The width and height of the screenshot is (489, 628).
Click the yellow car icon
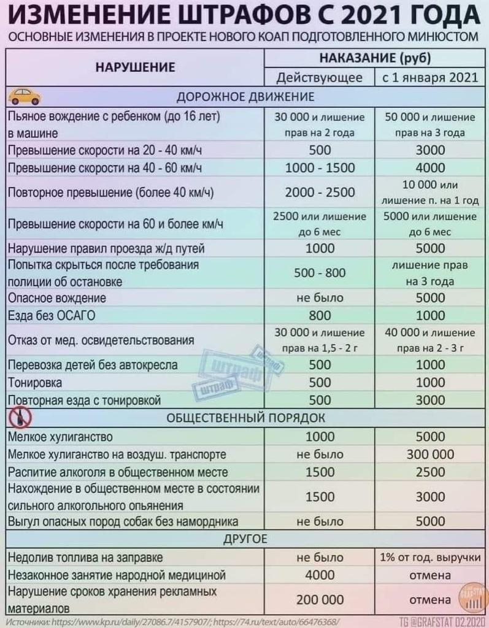pos(24,96)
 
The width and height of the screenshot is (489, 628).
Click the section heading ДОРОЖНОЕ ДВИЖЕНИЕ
pos(245,97)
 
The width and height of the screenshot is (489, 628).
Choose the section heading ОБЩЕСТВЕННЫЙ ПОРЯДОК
pos(245,418)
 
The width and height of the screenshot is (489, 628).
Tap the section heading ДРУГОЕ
pos(245,540)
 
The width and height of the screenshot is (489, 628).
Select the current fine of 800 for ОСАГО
pos(320,316)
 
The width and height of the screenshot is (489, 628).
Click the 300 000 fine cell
pos(430,454)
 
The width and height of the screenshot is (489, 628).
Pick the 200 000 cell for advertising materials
pos(320,599)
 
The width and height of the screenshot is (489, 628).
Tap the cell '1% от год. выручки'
pos(430,557)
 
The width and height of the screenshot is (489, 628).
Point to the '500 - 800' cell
pos(320,273)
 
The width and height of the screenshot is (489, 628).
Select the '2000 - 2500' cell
pos(320,193)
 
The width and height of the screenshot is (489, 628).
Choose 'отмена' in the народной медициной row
pos(430,575)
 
